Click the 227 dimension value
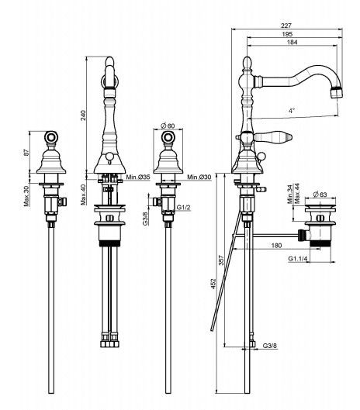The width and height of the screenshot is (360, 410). click(286, 26)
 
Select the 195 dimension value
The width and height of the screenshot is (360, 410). click(287, 34)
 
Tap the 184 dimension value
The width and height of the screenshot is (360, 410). click(292, 42)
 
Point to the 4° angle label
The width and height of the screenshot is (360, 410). click(292, 110)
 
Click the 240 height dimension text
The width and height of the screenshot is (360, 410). click(83, 115)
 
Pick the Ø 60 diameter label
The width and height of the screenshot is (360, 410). click(168, 126)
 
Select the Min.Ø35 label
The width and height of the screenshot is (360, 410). click(138, 177)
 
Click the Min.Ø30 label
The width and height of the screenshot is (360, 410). click(199, 177)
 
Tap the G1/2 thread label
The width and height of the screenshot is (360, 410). click(184, 208)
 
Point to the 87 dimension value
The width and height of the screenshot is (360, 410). click(26, 153)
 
